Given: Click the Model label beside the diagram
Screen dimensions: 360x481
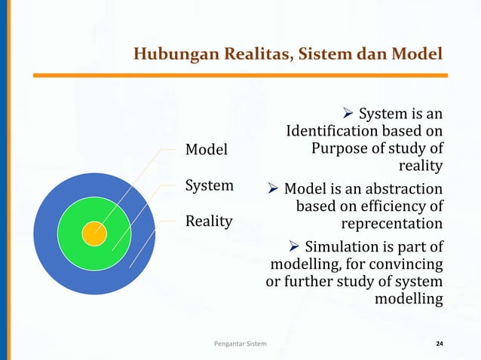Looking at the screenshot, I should (207, 150).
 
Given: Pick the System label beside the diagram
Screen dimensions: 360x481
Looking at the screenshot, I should (210, 185).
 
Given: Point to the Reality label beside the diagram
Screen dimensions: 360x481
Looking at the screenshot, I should (210, 221).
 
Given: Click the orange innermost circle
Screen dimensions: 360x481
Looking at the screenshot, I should (94, 233).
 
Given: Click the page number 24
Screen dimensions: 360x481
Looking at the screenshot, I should (440, 344).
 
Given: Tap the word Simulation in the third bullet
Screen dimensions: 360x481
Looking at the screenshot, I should (343, 246).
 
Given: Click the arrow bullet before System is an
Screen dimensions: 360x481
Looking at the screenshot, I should (348, 114).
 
